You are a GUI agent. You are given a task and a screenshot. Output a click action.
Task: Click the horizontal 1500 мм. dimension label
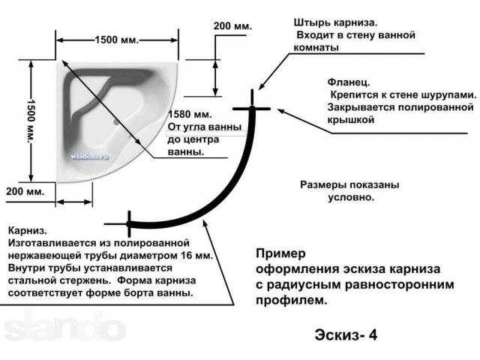(x=117, y=40)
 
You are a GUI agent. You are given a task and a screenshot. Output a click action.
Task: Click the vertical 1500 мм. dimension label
(x=31, y=121)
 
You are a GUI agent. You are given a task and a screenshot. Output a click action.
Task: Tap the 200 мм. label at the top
(x=232, y=26)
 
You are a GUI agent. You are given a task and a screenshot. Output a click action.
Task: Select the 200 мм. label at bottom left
(x=25, y=192)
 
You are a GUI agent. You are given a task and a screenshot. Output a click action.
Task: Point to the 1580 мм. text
(x=190, y=114)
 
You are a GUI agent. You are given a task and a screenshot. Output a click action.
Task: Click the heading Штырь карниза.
(x=335, y=22)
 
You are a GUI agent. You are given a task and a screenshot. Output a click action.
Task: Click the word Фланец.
(x=349, y=82)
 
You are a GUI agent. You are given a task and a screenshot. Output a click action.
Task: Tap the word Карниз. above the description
(x=28, y=230)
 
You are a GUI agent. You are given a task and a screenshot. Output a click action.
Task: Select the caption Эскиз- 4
(x=346, y=334)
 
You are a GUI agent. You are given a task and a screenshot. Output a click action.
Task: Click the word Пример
(x=280, y=253)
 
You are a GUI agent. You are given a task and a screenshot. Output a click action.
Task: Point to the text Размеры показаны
(x=349, y=185)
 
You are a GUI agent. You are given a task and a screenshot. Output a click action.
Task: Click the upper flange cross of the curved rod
(x=252, y=108)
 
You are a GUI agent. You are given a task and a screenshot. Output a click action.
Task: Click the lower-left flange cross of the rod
(x=129, y=224)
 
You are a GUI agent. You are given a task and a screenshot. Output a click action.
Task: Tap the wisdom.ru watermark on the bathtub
(x=90, y=157)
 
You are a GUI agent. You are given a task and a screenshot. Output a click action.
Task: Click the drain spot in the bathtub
(x=116, y=122)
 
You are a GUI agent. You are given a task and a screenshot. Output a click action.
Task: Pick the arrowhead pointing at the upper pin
(x=262, y=86)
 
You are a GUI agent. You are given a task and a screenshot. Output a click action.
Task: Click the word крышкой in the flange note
(x=351, y=120)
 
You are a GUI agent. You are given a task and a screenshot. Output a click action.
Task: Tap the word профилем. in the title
(x=292, y=300)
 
